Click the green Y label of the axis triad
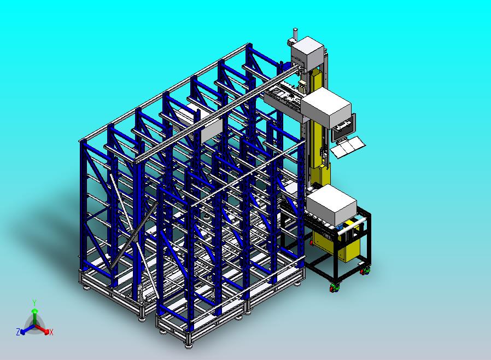tap(34, 303)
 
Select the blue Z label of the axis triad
tap(18, 332)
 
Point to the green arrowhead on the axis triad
tap(35, 311)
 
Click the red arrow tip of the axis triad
tap(46, 331)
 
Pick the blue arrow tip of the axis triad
tap(22, 332)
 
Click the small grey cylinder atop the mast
tap(295, 33)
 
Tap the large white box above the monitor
tap(326, 107)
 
